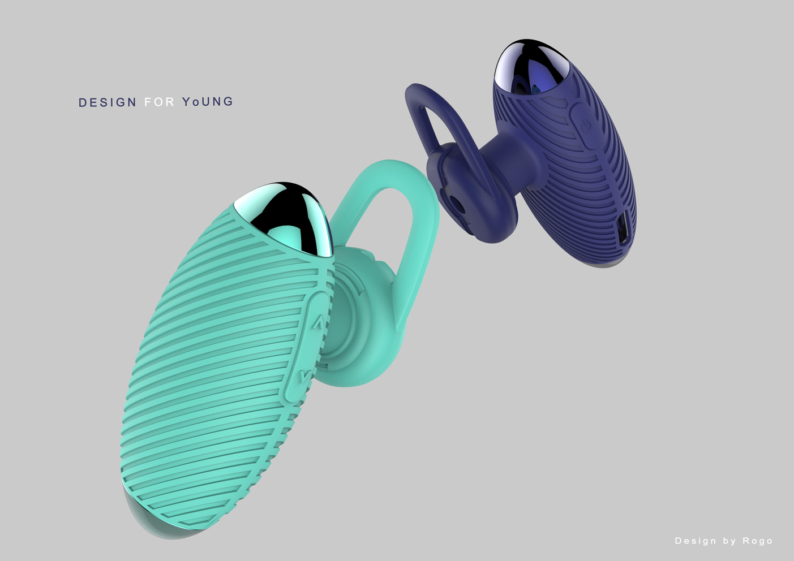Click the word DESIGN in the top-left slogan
coord(108,102)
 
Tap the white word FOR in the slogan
coord(159,102)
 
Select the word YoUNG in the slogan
coord(207,102)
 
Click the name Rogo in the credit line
coord(758,541)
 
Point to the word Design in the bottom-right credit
coord(696,541)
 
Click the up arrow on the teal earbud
coord(318,323)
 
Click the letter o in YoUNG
coord(194,102)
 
